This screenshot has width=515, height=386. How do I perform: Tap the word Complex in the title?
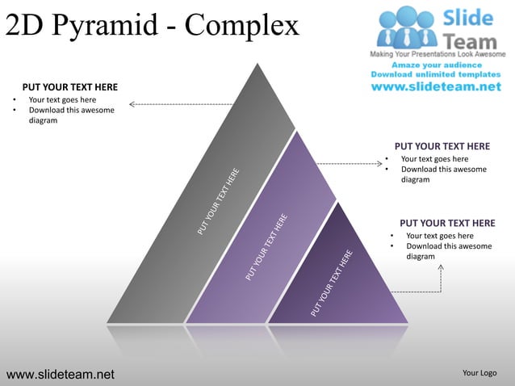point(241,26)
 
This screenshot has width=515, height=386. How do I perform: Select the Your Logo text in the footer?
point(479,372)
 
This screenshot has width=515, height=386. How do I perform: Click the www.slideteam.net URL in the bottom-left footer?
point(61,374)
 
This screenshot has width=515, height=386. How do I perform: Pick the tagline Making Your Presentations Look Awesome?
point(438,53)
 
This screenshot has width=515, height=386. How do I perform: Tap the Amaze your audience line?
point(438,64)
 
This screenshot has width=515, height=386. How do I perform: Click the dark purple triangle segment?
point(355,283)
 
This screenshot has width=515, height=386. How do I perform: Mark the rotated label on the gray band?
point(219,202)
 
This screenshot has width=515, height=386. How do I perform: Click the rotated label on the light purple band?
point(267,247)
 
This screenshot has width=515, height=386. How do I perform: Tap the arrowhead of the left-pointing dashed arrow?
point(132,103)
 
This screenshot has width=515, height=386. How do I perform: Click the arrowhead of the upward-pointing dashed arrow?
point(441,266)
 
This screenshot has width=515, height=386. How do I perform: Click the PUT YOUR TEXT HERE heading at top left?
point(69,87)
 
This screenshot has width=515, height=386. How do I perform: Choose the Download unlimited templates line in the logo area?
point(438,74)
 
